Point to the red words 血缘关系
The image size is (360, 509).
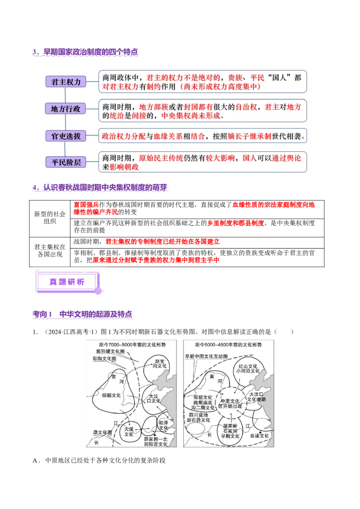point(168,136)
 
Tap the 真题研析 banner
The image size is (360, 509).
point(67,282)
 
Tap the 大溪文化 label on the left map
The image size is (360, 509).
point(129,432)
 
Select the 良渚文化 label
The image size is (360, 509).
point(260,436)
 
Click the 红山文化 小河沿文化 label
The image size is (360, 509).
point(248,368)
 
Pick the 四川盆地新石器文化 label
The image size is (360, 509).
point(198,417)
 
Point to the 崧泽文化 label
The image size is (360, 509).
point(163,425)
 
